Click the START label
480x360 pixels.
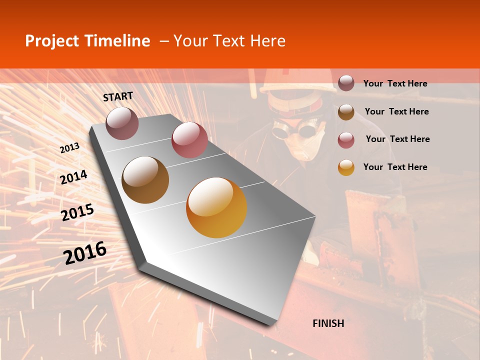tap(118, 96)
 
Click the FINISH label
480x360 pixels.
tap(328, 323)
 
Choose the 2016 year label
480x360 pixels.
tap(85, 252)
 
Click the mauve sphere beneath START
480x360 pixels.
tap(122, 123)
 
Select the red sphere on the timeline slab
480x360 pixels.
tap(189, 140)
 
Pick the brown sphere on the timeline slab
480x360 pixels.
tap(145, 180)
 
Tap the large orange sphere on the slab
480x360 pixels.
tap(216, 207)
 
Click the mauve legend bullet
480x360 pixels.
tap(346, 83)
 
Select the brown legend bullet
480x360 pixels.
tap(346, 112)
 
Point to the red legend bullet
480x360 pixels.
tap(346, 140)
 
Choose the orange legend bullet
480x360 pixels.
tap(346, 167)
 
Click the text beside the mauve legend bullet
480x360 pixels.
tap(395, 84)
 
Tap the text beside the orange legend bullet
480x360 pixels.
tap(395, 167)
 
